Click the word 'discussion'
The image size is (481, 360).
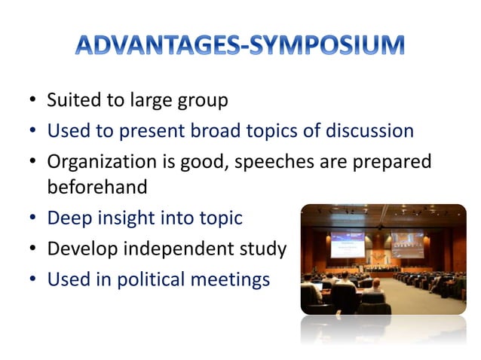tap(369, 131)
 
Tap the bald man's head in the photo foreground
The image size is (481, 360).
tap(375, 285)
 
